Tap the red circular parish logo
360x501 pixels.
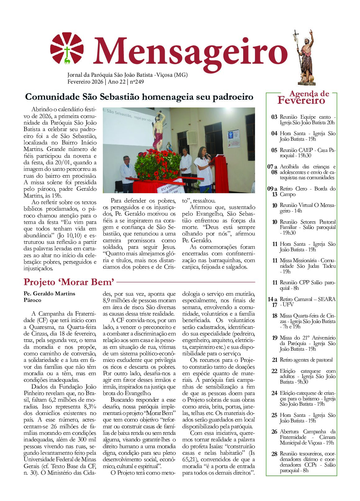tap(67, 48)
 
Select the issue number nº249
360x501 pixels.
tap(137, 82)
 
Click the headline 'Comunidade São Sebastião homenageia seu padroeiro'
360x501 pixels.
tap(139, 97)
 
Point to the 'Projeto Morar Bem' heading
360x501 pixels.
tap(69, 282)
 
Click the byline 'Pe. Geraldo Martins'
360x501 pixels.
tap(49, 294)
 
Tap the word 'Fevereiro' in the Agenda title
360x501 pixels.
tap(301, 101)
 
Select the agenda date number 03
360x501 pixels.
tap(274, 117)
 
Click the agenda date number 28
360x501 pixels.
tap(274, 454)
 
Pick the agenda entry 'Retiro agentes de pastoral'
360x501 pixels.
tap(306, 360)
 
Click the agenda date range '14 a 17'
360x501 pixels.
tap(272, 302)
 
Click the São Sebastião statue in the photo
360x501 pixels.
tap(159, 130)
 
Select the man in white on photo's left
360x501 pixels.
tap(127, 172)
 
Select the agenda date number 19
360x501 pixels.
tap(275, 338)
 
